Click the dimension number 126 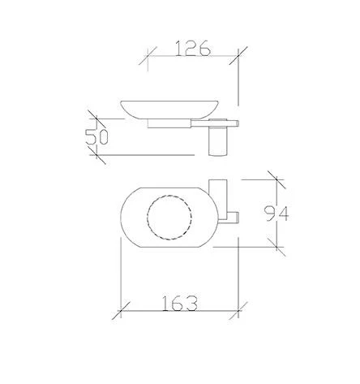tap(193, 48)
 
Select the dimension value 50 tap(96, 137)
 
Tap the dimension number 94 tap(276, 214)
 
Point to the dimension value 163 tap(180, 303)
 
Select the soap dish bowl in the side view tap(169, 110)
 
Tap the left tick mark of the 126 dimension tap(148, 56)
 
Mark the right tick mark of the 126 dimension tap(238, 56)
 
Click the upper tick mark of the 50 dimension tap(96, 119)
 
